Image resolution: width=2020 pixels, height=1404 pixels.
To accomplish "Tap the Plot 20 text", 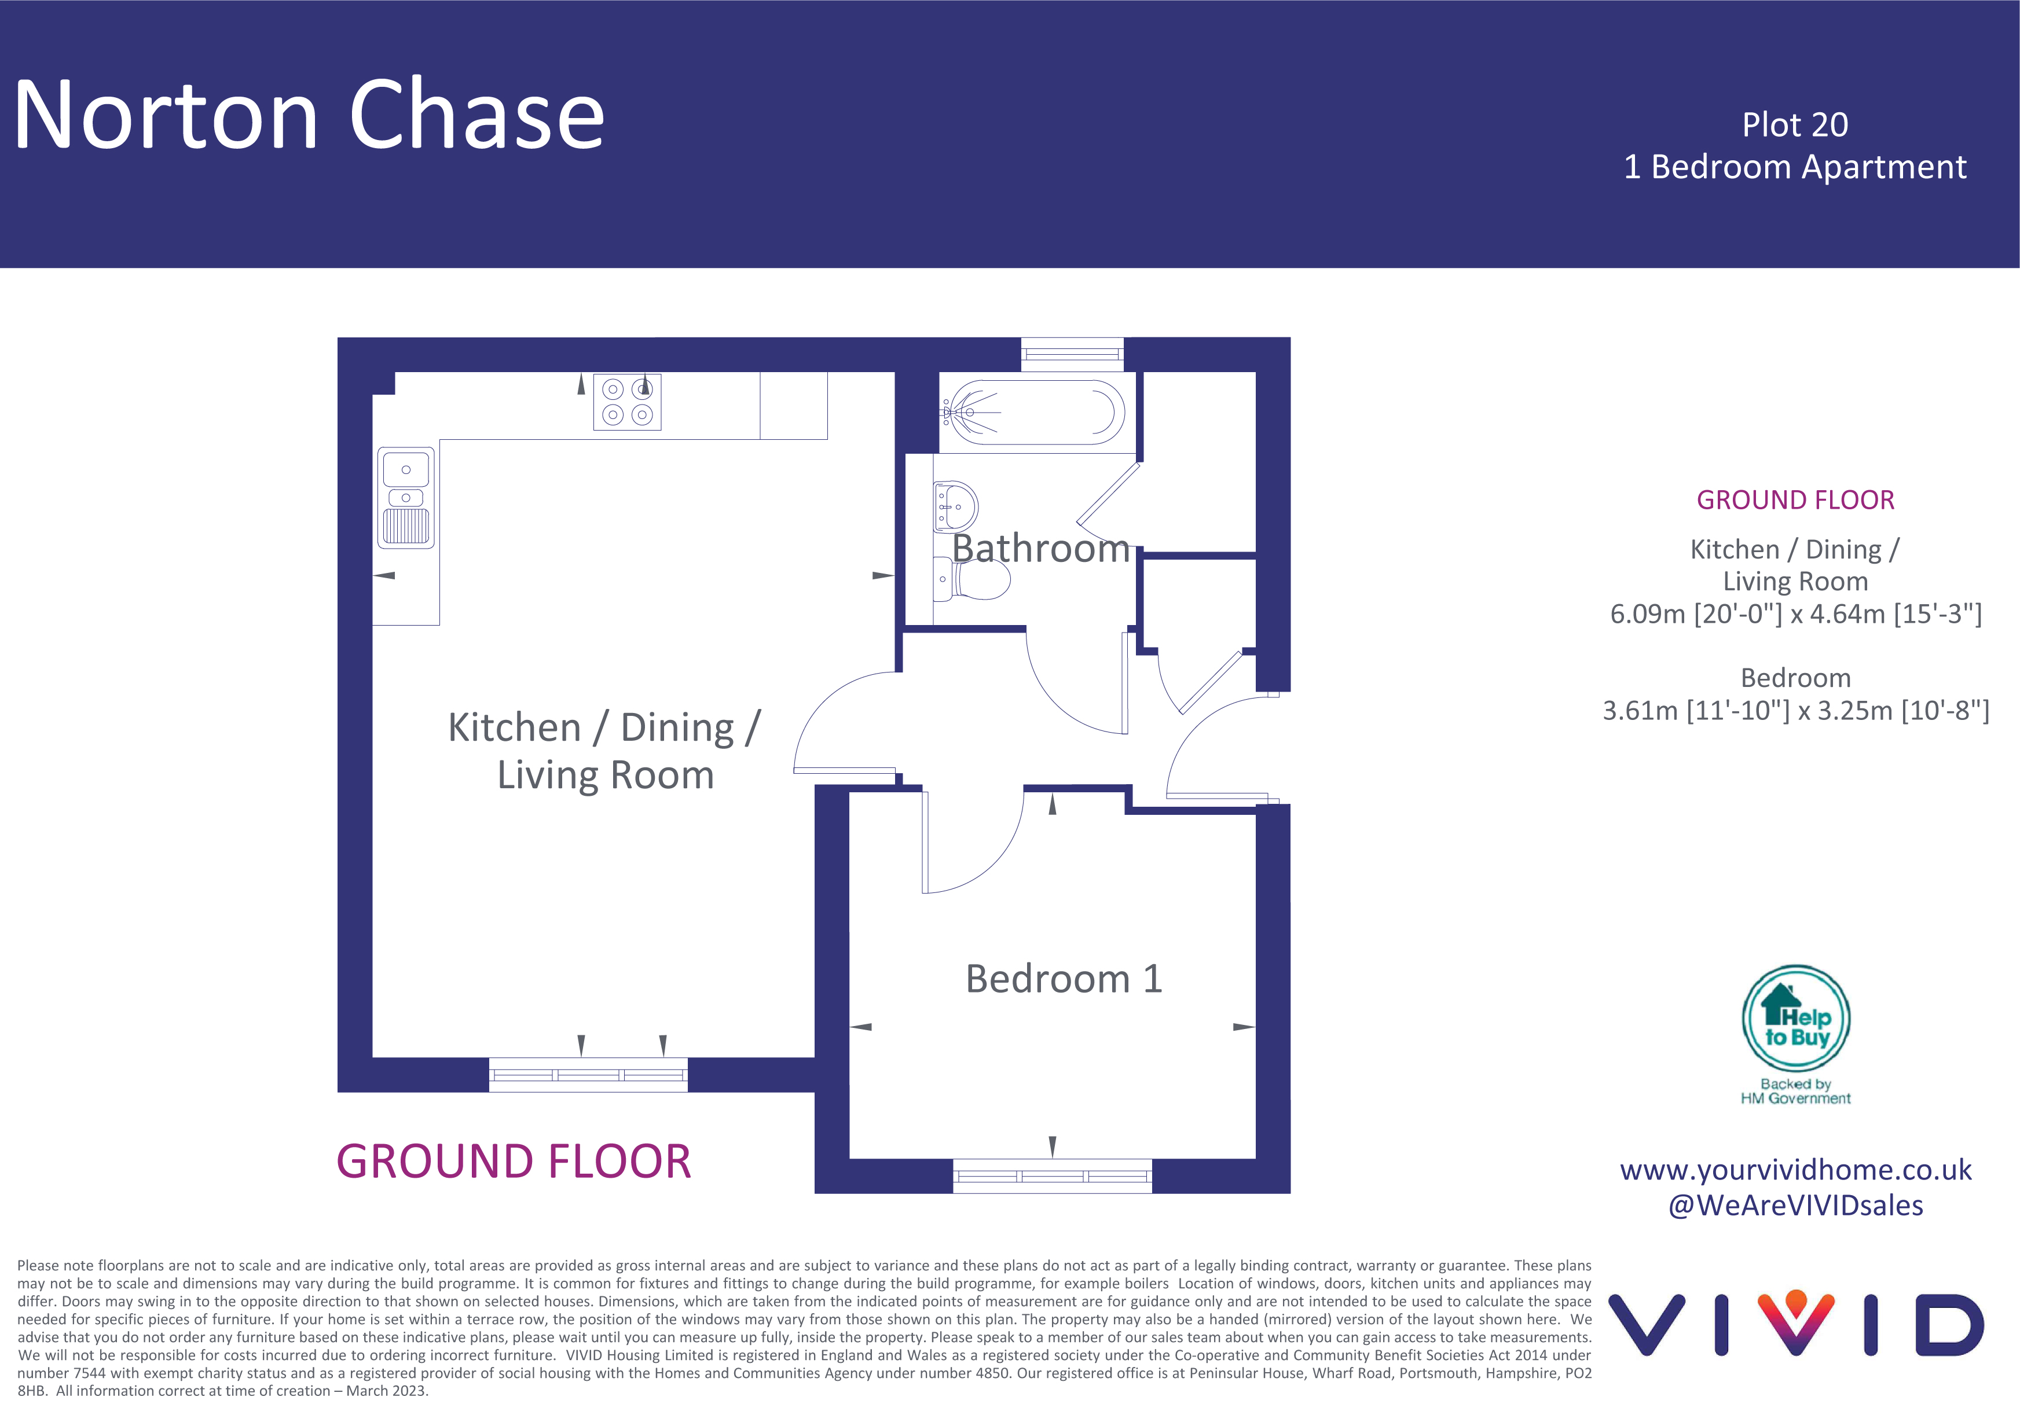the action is coord(1795,125).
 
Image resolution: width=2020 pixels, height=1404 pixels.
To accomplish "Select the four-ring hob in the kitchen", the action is coord(627,402).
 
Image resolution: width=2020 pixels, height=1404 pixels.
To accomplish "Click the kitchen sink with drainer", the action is coord(406,498).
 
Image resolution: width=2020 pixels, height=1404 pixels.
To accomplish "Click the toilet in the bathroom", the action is coord(971,580).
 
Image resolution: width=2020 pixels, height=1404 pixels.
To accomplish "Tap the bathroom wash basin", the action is coord(955,507).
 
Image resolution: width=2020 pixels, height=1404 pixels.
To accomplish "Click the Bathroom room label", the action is coord(1041,549).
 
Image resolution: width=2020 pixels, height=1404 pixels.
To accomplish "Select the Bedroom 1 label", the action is coord(1064,978).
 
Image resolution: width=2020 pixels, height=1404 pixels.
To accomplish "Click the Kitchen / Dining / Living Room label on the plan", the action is coord(604,751).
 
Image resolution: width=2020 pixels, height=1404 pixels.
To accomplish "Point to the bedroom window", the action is coord(1052,1176).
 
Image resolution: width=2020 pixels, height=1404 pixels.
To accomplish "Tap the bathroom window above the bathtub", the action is coord(1072,355).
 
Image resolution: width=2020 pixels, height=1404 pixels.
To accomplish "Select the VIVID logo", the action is coord(1796,1324).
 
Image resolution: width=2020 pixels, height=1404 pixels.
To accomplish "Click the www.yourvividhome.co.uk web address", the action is coord(1796,1170).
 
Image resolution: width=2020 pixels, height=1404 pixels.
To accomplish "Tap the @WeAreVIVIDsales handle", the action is coord(1796,1205).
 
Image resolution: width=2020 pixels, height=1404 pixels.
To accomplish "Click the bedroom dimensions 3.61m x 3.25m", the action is coord(1796,710).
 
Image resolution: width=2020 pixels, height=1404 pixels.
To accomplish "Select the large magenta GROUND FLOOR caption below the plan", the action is coord(514,1161).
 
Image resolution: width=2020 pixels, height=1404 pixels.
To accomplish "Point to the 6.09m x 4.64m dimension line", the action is coord(1796,614).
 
